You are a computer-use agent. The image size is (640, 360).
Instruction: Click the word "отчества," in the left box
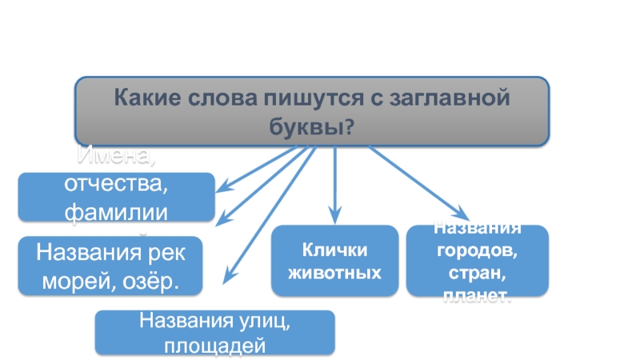tap(117, 185)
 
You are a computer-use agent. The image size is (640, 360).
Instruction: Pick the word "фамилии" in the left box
tap(117, 210)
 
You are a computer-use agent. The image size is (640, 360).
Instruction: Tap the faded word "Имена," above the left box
tap(117, 157)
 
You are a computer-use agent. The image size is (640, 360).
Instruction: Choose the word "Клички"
tap(335, 249)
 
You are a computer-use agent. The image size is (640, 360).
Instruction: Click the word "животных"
tap(335, 271)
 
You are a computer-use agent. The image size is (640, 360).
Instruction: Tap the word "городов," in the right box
tap(477, 250)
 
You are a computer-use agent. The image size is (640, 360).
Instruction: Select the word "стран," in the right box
tap(477, 272)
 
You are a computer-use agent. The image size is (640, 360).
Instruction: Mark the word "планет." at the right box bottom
tap(477, 295)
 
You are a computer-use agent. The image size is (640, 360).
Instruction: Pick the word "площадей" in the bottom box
tap(214, 345)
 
